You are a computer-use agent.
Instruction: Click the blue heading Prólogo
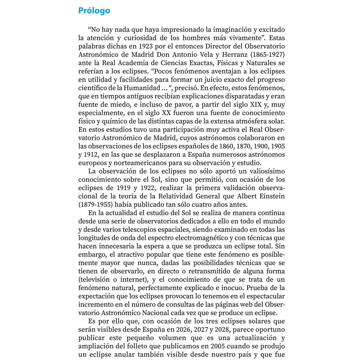[94, 10]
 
